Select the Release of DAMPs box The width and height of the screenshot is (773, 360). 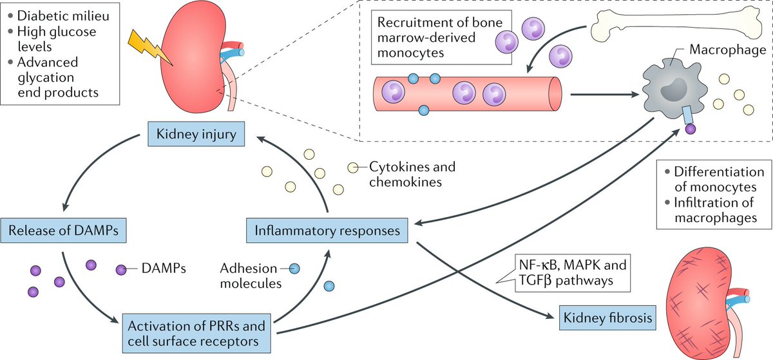[x=63, y=229]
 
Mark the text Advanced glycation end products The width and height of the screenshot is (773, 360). [x=59, y=78]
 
